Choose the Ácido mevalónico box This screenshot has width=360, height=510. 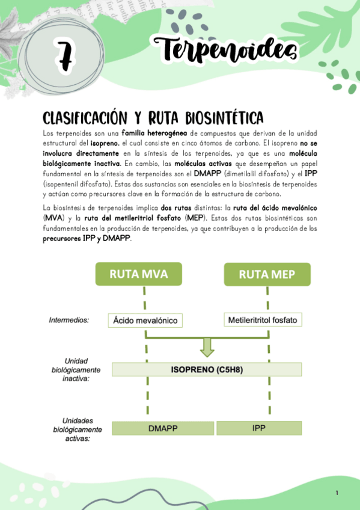(x=145, y=321)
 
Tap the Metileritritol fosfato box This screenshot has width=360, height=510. (x=263, y=320)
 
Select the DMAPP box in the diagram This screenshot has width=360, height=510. (x=163, y=428)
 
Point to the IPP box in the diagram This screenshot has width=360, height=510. (x=259, y=428)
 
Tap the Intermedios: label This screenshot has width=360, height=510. (x=69, y=320)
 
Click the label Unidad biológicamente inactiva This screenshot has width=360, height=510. (x=76, y=369)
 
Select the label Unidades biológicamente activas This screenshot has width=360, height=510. (x=77, y=429)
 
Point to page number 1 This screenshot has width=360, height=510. (x=337, y=493)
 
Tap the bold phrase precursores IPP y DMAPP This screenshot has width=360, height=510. (x=87, y=238)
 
